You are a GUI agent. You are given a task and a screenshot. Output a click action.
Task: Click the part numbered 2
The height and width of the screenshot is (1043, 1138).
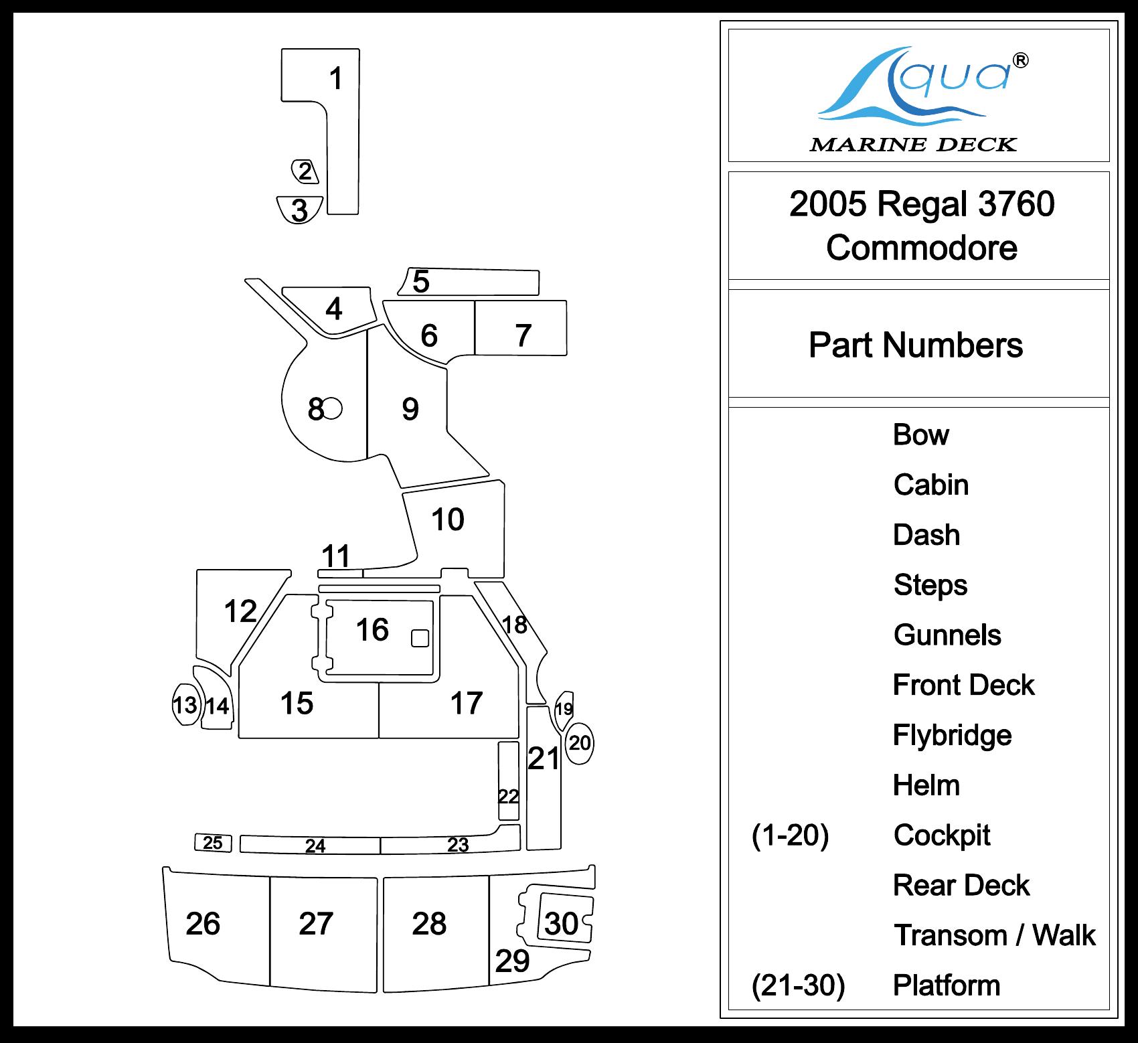tap(305, 171)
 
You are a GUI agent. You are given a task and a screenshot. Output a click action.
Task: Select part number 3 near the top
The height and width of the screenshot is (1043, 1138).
tap(300, 210)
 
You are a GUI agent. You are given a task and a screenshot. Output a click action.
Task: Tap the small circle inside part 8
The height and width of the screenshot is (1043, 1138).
tap(333, 408)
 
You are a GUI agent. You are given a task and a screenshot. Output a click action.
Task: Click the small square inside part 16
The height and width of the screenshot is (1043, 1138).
tap(420, 638)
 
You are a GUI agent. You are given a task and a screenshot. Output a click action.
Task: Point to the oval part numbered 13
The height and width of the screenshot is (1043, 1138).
tap(185, 704)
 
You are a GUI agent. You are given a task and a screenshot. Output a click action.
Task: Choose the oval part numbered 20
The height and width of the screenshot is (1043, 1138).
tap(580, 743)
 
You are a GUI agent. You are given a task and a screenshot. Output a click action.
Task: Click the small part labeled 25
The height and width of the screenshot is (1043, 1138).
tap(213, 843)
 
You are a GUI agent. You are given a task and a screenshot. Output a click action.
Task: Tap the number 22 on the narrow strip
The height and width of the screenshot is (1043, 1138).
tap(509, 796)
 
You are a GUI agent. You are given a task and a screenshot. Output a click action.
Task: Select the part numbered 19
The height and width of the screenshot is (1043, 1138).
tap(564, 708)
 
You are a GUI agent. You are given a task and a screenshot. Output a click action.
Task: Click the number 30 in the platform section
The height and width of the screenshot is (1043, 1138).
tap(562, 924)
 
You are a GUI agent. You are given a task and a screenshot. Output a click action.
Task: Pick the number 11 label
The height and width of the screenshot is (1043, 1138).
tap(336, 556)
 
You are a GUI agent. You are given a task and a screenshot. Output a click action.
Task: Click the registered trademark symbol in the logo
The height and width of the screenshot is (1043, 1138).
tap(1021, 60)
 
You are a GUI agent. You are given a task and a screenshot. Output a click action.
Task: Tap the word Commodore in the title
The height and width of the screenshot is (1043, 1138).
tap(921, 248)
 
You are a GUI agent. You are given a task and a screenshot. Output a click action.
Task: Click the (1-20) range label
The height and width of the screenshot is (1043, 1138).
tap(790, 835)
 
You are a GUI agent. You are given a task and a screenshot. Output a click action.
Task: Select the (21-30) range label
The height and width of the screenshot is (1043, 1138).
tap(798, 985)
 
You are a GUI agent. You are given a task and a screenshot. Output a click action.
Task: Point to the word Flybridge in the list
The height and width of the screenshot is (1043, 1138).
tap(952, 735)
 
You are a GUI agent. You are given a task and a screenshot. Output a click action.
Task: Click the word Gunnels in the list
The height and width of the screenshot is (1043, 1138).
tap(947, 635)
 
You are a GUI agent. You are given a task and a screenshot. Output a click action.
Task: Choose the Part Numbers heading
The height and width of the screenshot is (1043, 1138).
tap(916, 345)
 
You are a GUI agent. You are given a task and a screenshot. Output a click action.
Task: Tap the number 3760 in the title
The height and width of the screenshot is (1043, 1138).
tap(1016, 204)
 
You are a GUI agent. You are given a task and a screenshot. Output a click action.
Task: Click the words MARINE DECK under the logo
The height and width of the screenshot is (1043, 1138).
tap(913, 144)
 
